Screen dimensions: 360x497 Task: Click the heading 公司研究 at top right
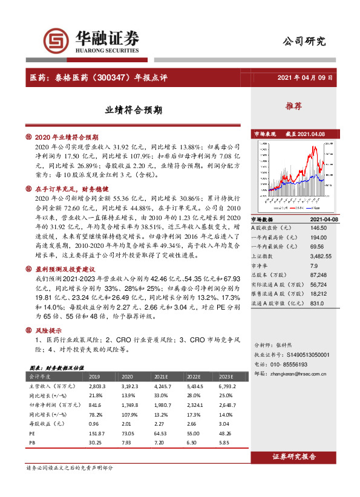[x=304, y=42]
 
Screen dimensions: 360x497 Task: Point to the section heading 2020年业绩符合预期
[x=67, y=137]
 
